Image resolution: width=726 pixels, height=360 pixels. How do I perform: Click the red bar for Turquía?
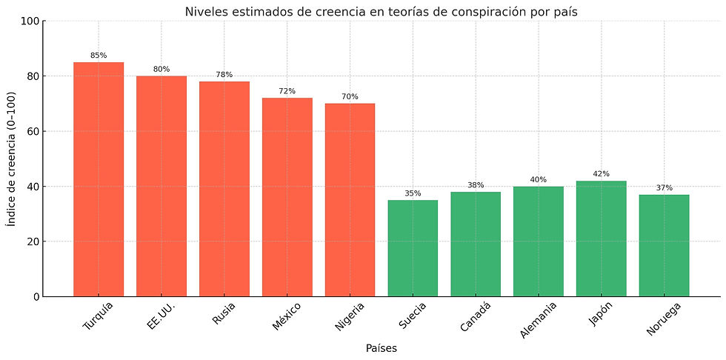pyautogui.click(x=99, y=179)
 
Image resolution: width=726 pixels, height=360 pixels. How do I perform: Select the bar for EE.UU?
pyautogui.click(x=161, y=186)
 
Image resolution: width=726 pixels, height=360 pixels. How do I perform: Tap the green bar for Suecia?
pyautogui.click(x=413, y=248)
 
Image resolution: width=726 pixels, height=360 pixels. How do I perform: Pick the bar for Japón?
pyautogui.click(x=601, y=239)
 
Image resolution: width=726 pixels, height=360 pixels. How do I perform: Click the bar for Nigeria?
pyautogui.click(x=350, y=200)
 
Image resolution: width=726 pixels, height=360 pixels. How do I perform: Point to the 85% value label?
pyautogui.click(x=99, y=56)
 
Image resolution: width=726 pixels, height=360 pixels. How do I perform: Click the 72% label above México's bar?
pyautogui.click(x=287, y=91)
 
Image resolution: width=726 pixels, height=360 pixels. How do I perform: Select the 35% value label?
pyautogui.click(x=413, y=193)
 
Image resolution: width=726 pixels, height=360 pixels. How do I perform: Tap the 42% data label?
pyautogui.click(x=601, y=174)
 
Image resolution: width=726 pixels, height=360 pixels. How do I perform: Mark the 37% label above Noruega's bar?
pyautogui.click(x=664, y=188)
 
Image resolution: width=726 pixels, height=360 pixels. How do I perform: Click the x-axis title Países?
pyautogui.click(x=381, y=348)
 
